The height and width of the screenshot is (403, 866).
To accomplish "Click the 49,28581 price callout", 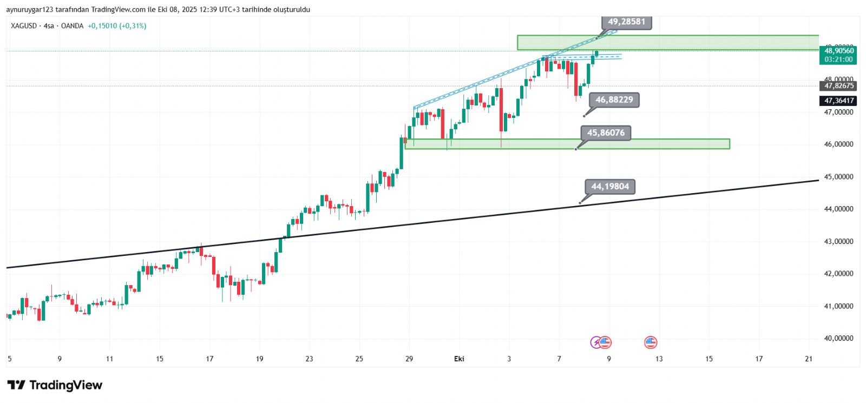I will point(626,22).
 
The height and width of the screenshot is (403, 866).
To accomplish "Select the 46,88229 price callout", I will point(614,100).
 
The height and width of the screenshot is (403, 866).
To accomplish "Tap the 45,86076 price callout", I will point(606,133).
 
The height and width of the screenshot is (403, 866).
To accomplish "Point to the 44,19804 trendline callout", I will point(610,187).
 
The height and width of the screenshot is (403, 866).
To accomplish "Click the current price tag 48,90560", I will point(838,51).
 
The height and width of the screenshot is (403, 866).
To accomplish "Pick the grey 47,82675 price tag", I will point(838,86).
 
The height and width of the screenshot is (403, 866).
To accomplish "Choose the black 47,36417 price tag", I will point(838,101).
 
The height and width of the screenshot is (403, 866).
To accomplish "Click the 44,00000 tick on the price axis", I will point(838,209).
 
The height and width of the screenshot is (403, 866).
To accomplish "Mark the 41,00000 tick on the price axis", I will point(838,306).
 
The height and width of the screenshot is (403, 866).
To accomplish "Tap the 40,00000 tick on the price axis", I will point(838,339).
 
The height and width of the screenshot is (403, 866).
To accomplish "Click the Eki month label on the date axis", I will point(459,359).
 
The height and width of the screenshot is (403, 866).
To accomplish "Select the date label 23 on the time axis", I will point(309,359).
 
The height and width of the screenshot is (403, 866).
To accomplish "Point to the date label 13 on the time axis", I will point(659,359).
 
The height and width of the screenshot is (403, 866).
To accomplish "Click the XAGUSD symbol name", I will point(24,26).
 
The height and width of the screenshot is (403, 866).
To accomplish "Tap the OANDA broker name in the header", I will point(72,26).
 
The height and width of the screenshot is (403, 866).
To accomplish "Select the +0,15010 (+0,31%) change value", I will point(117,26).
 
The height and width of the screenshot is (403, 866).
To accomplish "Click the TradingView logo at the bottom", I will point(55,385).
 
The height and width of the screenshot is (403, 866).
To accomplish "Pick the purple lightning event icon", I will point(595,342).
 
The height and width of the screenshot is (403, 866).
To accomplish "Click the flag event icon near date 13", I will point(651,342).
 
